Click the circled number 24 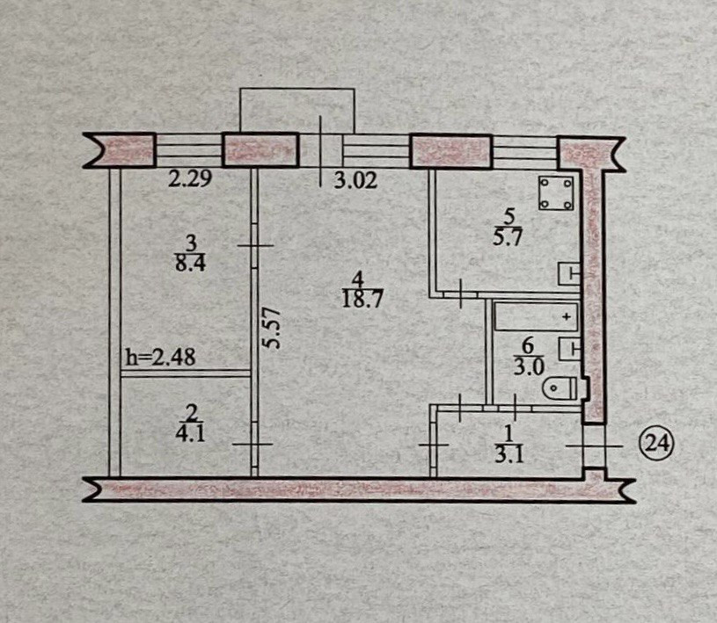pos(656,445)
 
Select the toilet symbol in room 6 pos(560,387)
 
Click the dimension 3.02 pos(355,182)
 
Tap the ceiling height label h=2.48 pos(160,357)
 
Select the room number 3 pos(190,243)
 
